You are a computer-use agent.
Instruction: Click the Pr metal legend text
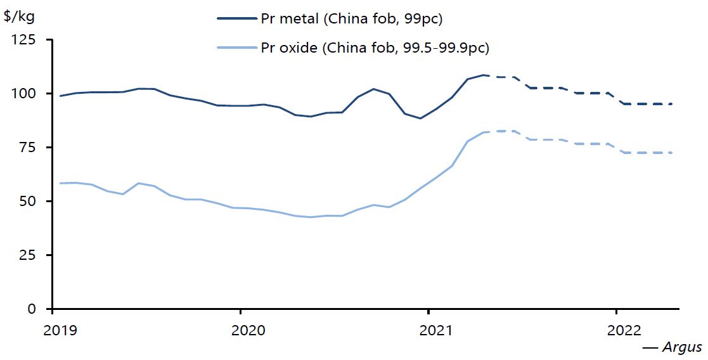click(x=351, y=19)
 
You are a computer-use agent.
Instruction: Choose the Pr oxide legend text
click(x=375, y=48)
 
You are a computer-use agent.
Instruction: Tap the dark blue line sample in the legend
click(x=236, y=19)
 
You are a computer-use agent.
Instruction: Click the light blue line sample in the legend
click(x=236, y=48)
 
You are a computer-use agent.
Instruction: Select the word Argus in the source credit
click(x=681, y=347)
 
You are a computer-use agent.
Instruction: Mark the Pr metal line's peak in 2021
click(x=483, y=75)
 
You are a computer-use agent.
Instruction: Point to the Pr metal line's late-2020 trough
click(x=420, y=118)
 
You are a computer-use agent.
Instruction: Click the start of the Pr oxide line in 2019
click(x=60, y=183)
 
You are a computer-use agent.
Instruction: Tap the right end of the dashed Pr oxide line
click(x=671, y=153)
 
